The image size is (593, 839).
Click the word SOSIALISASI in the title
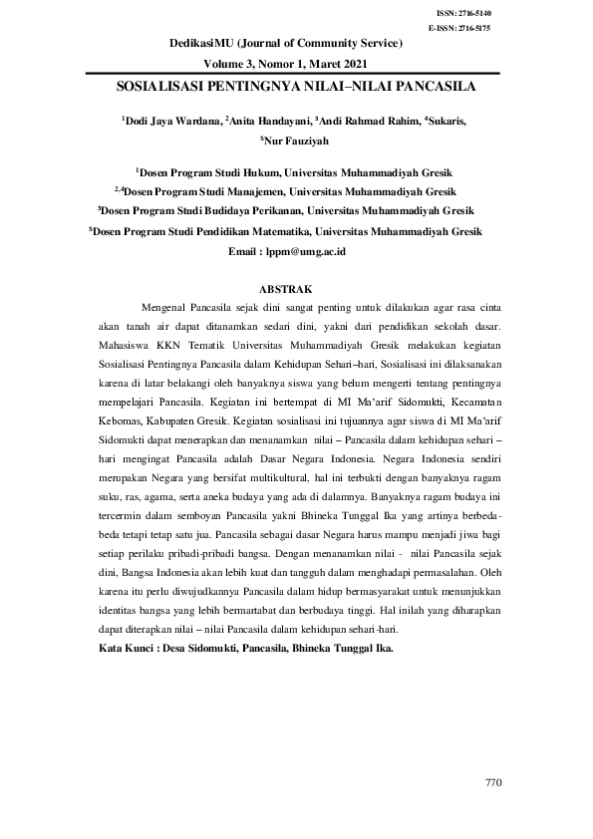coord(159,87)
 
